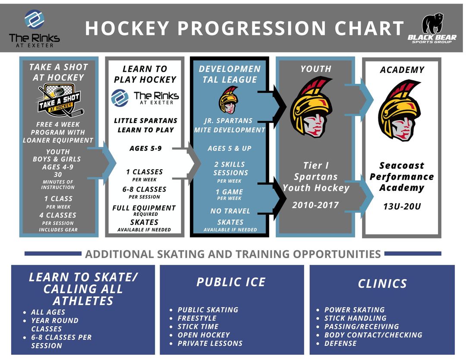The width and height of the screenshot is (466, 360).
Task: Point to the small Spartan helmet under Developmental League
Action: (229, 100)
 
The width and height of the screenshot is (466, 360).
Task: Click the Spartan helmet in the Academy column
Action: (400, 111)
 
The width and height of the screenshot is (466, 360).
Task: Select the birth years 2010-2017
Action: (315, 205)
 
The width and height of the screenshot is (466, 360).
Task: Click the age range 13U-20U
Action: (402, 206)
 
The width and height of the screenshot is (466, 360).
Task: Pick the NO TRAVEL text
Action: (230, 211)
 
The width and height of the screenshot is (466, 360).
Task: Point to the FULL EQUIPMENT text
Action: (144, 208)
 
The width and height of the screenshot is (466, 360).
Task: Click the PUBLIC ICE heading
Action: (231, 282)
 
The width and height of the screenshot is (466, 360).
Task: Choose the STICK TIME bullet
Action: (198, 326)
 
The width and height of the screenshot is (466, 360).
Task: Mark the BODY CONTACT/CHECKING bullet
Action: (373, 335)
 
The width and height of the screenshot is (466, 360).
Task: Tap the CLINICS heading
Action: (382, 284)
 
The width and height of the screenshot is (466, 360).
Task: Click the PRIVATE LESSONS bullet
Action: (210, 344)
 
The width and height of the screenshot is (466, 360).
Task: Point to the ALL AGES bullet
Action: (48, 312)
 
